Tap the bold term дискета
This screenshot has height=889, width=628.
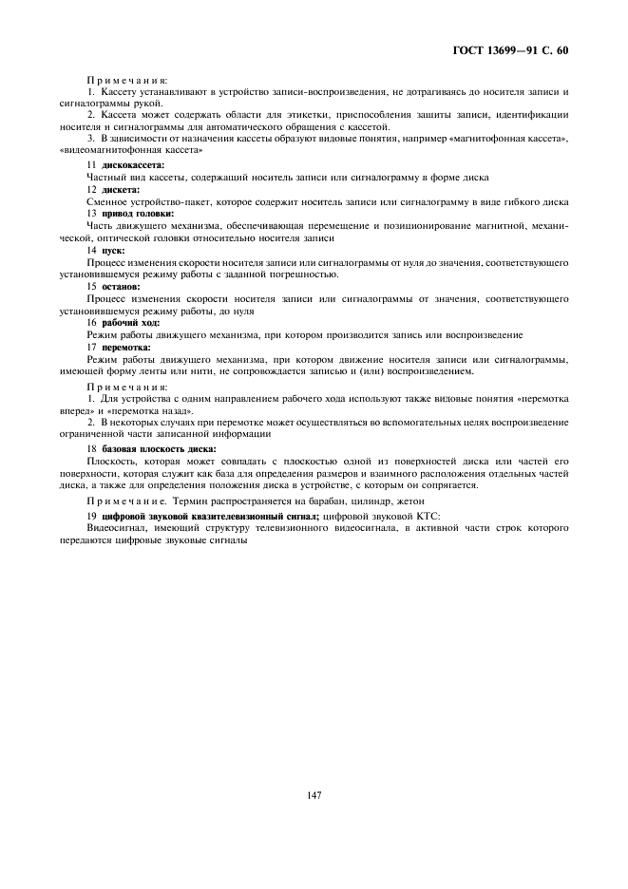point(121,189)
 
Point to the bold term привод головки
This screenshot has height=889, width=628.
point(138,213)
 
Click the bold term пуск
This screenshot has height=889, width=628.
point(113,250)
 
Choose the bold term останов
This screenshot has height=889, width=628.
point(121,286)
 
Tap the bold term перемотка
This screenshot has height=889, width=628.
point(126,347)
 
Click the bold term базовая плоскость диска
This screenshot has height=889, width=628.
point(159,447)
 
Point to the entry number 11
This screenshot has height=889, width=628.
point(91,165)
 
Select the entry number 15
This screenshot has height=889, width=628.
point(91,286)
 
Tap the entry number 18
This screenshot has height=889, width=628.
point(91,447)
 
